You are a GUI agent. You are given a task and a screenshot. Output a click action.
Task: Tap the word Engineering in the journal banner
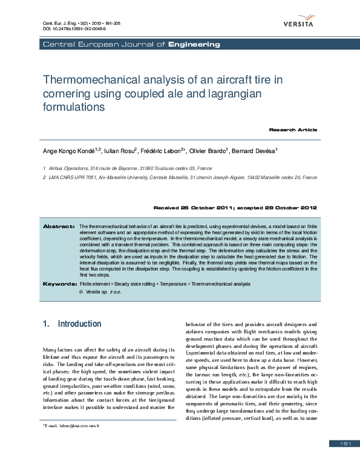click(194, 44)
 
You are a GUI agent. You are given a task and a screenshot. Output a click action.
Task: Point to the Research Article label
click(293, 129)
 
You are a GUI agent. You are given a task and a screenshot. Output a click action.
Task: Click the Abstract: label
click(59, 226)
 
